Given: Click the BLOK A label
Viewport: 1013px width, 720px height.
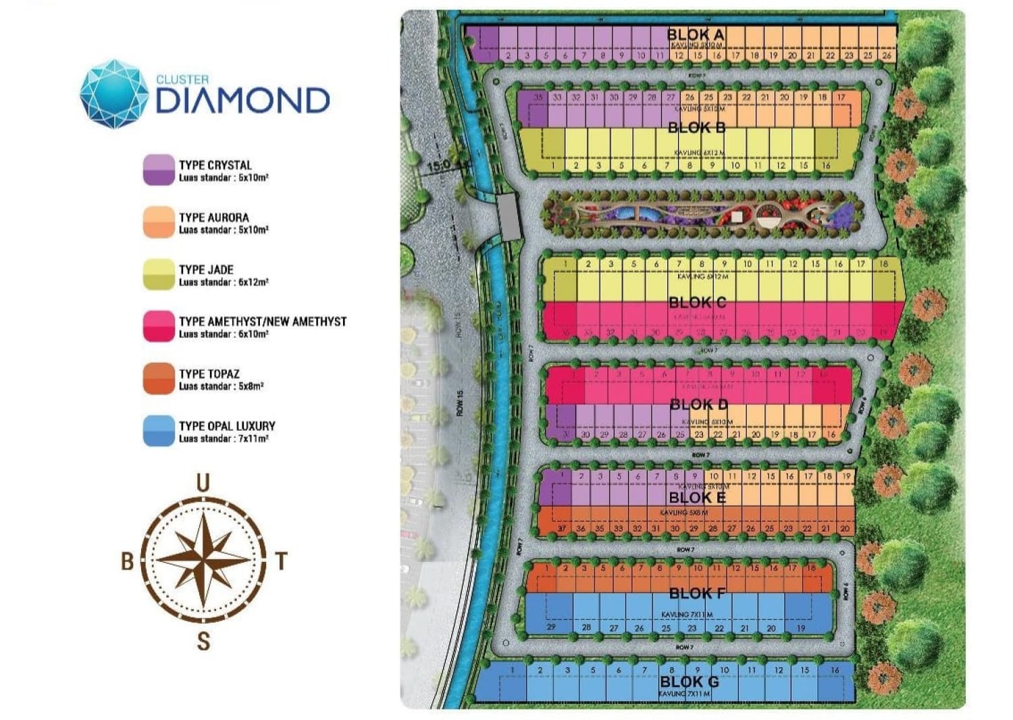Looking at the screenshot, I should coord(696,34).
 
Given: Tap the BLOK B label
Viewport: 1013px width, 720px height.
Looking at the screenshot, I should coord(697,127).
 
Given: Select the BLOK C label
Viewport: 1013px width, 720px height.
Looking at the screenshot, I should coord(698,302).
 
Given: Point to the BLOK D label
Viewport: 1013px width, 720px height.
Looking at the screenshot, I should coord(699,405).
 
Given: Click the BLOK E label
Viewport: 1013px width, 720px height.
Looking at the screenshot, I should coord(697,498).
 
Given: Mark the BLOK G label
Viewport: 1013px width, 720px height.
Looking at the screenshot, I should coord(689,682).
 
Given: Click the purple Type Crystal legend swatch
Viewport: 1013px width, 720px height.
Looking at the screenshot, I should coord(159,170).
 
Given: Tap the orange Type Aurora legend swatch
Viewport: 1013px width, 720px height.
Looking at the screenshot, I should coord(159,222).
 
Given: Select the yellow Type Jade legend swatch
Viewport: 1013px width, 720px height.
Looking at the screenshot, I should coord(159,275).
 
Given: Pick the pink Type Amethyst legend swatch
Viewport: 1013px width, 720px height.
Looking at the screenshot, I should coord(159,326).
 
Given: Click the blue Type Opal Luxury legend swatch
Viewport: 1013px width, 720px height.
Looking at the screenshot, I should coord(159,431).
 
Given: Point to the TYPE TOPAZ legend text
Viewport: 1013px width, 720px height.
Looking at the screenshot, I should coord(209,374).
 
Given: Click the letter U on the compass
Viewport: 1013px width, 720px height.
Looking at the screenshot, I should coord(203,483).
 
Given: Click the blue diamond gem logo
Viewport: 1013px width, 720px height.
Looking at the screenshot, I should coord(113,94).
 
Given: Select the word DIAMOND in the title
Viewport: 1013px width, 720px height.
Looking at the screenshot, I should coord(242,100).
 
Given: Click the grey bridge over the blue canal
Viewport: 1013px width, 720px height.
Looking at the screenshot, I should coord(511,215).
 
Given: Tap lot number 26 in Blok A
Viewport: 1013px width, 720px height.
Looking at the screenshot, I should coord(887,55).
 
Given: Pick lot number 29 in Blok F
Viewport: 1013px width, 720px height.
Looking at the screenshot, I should coord(551,627).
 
